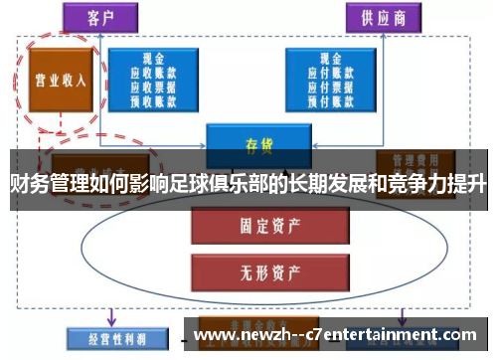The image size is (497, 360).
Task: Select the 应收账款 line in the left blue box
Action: [153, 73]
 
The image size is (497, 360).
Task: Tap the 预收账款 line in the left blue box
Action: [153, 98]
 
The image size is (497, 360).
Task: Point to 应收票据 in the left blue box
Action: [153, 86]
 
